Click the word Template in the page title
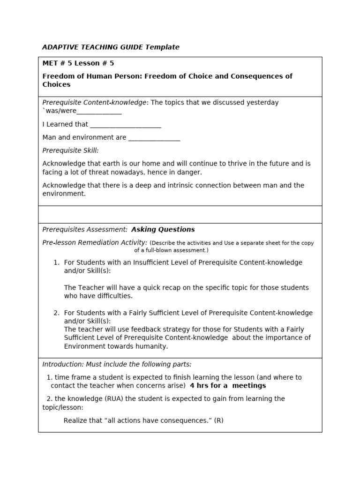pyautogui.click(x=162, y=47)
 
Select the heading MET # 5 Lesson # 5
pyautogui.click(x=78, y=63)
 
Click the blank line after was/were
pyautogui.click(x=99, y=111)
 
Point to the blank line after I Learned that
pyautogui.click(x=125, y=124)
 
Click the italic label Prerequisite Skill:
pyautogui.click(x=70, y=150)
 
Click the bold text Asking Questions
pyautogui.click(x=163, y=229)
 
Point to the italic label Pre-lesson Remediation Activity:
pyautogui.click(x=95, y=242)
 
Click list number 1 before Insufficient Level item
pyautogui.click(x=56, y=262)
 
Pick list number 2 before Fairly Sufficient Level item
pyautogui.click(x=56, y=313)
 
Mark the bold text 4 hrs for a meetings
pyautogui.click(x=227, y=385)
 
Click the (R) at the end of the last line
pyautogui.click(x=218, y=420)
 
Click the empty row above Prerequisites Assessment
pyautogui.click(x=180, y=214)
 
